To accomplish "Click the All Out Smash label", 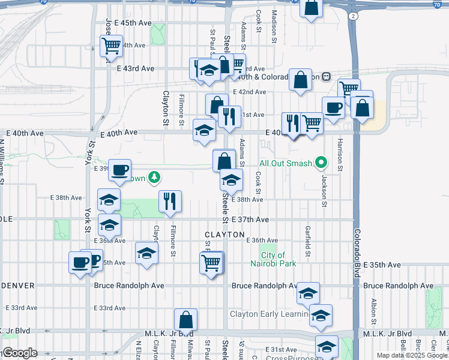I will pyautogui.click(x=285, y=163).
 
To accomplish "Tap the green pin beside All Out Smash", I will pyautogui.click(x=321, y=163).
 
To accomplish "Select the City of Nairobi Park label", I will pyautogui.click(x=277, y=259).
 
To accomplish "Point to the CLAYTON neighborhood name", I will pyautogui.click(x=224, y=235).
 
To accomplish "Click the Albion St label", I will pyautogui.click(x=373, y=311).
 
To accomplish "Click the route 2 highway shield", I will pyautogui.click(x=355, y=15).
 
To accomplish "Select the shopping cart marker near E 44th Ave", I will pyautogui.click(x=111, y=44).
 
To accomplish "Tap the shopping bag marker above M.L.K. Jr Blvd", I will pyautogui.click(x=186, y=319).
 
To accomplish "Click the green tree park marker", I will pyautogui.click(x=154, y=177).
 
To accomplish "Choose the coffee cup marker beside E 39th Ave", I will pyautogui.click(x=119, y=169).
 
